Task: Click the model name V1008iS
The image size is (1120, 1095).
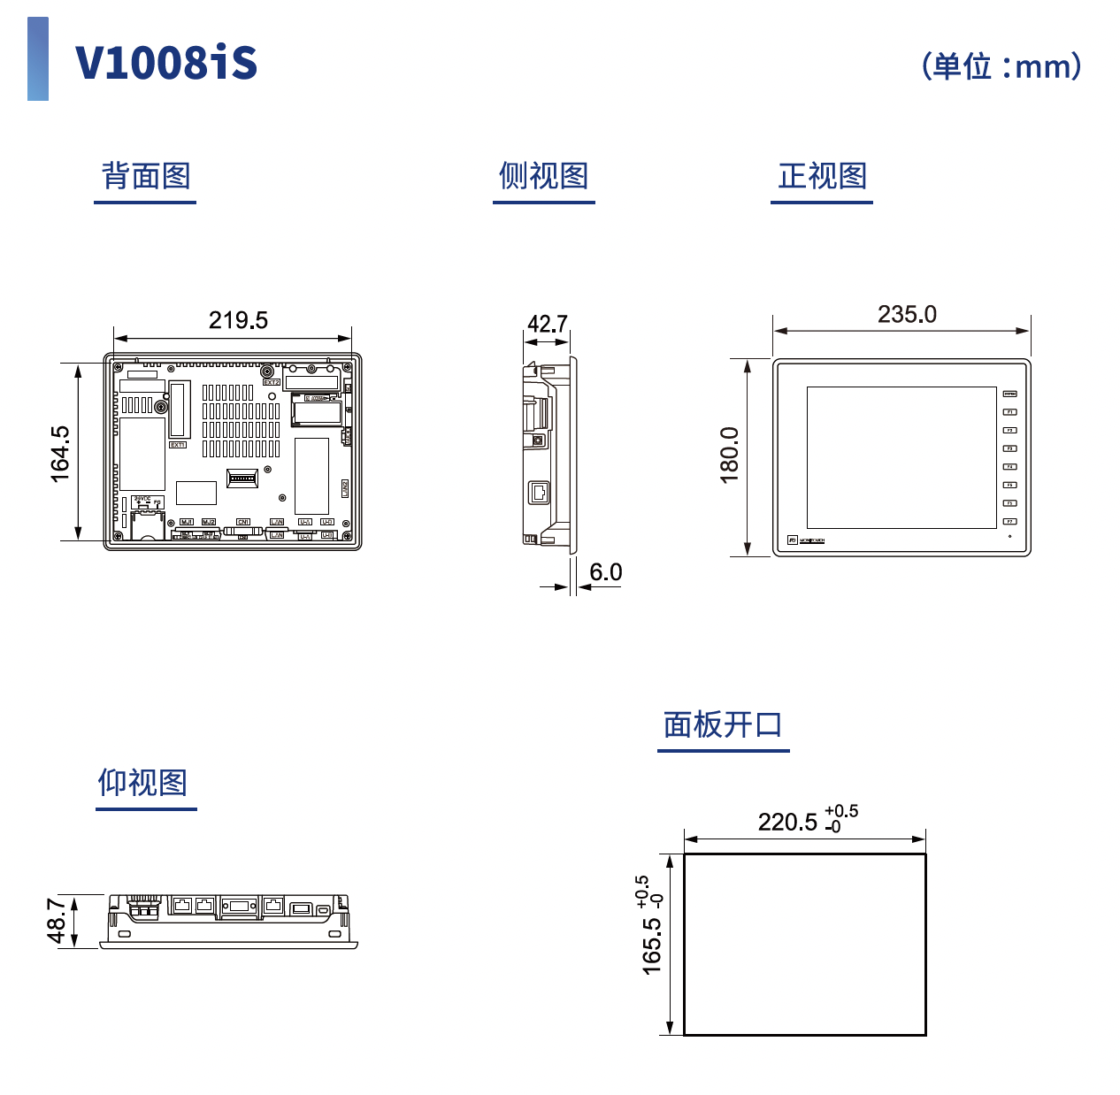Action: [x=166, y=63]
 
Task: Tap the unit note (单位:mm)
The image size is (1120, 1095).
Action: [x=1001, y=66]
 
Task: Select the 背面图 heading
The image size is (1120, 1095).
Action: [x=146, y=176]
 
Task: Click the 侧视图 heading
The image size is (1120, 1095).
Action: [x=543, y=176]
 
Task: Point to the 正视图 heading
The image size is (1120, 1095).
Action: [x=822, y=176]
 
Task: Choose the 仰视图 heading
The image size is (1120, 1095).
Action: [x=142, y=783]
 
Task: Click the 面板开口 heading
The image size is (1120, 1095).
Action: [x=723, y=724]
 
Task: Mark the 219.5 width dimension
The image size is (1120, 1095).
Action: [x=238, y=320]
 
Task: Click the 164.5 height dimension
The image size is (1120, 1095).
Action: [x=59, y=454]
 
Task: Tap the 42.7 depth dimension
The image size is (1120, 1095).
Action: [x=547, y=324]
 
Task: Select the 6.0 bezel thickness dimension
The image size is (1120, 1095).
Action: [x=606, y=572]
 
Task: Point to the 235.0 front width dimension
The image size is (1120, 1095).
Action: [x=907, y=314]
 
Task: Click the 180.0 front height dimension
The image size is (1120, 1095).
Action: [x=729, y=455]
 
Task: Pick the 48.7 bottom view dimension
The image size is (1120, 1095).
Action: [x=57, y=921]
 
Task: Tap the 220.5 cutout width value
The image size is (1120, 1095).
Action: [x=787, y=823]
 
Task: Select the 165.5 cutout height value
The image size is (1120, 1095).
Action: [x=652, y=946]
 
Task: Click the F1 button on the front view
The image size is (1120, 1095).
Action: [x=1009, y=412]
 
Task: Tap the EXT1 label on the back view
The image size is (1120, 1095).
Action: [x=178, y=445]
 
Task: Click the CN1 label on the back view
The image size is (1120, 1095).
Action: [x=243, y=522]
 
